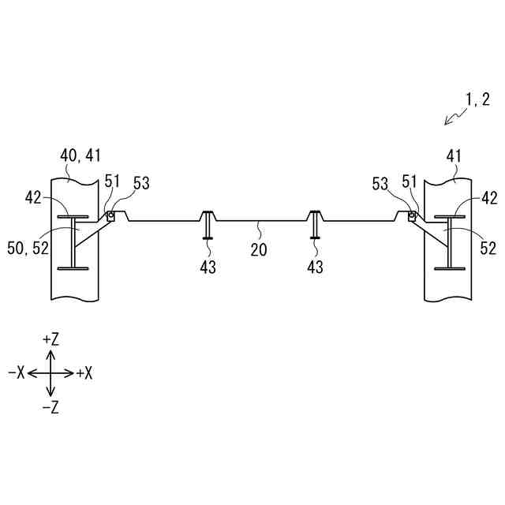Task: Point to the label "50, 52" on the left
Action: click(28, 249)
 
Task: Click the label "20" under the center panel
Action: click(258, 250)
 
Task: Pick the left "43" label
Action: click(208, 267)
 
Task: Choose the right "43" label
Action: click(315, 267)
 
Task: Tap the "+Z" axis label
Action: click(50, 339)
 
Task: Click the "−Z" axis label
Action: click(50, 407)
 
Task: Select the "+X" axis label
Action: click(84, 373)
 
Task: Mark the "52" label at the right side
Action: click(488, 249)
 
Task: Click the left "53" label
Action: click(140, 184)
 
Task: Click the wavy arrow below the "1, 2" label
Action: click(455, 117)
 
